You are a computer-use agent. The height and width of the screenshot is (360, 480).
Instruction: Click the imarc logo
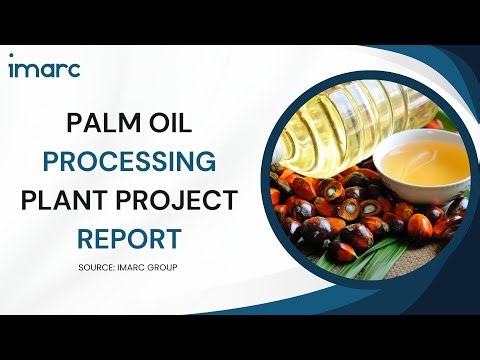click(x=44, y=68)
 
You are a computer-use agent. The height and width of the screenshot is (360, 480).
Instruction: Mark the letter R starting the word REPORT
click(x=87, y=237)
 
